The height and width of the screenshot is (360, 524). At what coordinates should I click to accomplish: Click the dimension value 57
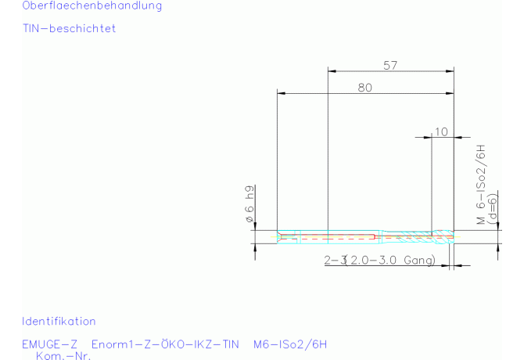point(390,65)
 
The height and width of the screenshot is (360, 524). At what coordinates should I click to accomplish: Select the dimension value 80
point(365,88)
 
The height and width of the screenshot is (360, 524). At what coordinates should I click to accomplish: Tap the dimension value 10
point(441,131)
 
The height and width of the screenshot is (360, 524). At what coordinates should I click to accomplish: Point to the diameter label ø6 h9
point(249,204)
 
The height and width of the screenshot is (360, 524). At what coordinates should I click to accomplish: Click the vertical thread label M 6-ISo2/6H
point(480,184)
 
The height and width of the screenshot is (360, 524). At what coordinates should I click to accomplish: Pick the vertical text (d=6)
point(492,209)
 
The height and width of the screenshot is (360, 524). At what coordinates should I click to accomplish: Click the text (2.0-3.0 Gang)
point(390,260)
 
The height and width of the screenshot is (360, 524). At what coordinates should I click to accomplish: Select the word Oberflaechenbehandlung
point(92,5)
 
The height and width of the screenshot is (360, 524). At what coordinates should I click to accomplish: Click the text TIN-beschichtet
point(69,28)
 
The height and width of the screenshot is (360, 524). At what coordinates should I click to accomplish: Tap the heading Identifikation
point(59,321)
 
